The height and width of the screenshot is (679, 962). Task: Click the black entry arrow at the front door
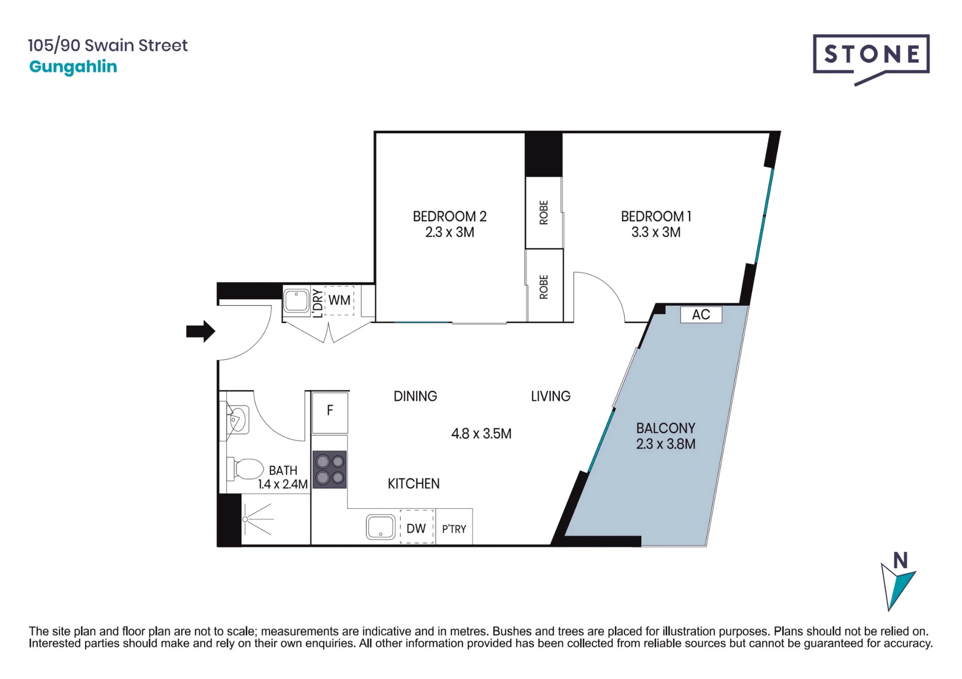[x=201, y=331]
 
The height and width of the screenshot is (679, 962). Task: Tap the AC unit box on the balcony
[x=701, y=315]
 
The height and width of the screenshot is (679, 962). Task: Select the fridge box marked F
[x=330, y=413]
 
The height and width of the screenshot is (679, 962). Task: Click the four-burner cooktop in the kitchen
[x=330, y=469]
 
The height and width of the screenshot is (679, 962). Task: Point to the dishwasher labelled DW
[x=417, y=527]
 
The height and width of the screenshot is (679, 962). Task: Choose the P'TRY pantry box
[x=454, y=527]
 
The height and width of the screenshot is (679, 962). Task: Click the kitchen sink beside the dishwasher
[x=381, y=527]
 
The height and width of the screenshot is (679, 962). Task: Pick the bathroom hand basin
[x=237, y=420]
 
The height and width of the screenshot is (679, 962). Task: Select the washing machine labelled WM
[x=340, y=300]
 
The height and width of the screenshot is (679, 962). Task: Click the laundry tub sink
[x=296, y=301]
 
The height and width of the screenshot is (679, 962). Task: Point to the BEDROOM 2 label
[x=450, y=216]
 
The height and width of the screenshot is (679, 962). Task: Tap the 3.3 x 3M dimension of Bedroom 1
[x=656, y=232]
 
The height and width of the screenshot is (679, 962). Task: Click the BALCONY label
[x=666, y=428]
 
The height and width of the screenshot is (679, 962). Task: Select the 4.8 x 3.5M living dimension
[x=481, y=433]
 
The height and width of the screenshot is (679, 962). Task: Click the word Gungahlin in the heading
[x=73, y=67]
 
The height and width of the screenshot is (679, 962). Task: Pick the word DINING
[x=416, y=396]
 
